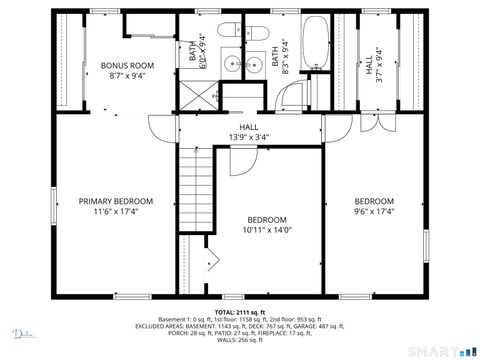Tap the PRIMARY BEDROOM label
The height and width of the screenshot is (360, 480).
[x=116, y=201]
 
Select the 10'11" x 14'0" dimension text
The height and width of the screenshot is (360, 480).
[x=267, y=231]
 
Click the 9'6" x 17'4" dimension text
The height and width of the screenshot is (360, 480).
[x=374, y=211]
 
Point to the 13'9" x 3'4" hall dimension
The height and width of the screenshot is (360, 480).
[x=249, y=137]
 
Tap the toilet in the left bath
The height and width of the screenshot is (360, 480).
[x=228, y=30]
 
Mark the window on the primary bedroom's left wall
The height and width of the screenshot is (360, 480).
[x=53, y=205]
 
